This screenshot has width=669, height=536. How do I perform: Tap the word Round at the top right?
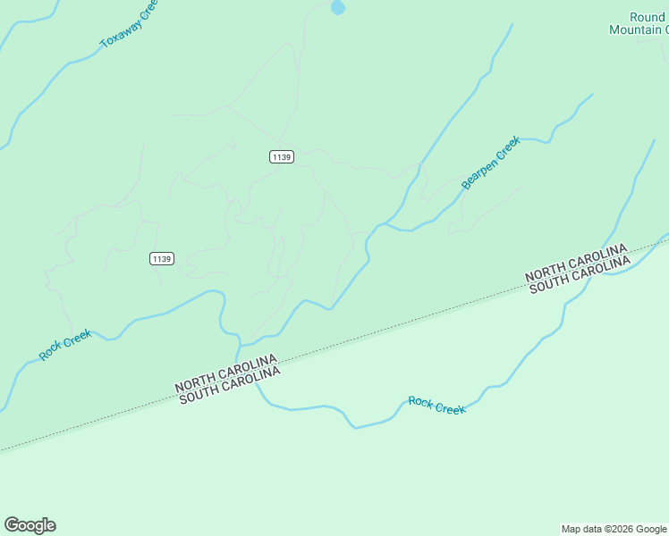pyautogui.click(x=647, y=17)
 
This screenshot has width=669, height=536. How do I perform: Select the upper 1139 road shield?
pyautogui.click(x=281, y=156)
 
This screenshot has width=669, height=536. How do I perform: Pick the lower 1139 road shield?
pyautogui.click(x=161, y=259)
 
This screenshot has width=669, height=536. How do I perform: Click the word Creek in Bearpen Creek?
pyautogui.click(x=507, y=147)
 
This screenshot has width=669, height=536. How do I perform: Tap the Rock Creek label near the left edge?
pyautogui.click(x=65, y=345)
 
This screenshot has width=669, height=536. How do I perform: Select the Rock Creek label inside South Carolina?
pyautogui.click(x=436, y=405)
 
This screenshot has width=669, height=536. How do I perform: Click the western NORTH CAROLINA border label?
pyautogui.click(x=225, y=374)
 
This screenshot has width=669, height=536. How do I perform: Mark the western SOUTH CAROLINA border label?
pyautogui.click(x=230, y=385)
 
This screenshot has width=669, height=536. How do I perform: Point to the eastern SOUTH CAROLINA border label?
pyautogui.click(x=580, y=274)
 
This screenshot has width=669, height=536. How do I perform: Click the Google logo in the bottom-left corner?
pyautogui.click(x=30, y=525)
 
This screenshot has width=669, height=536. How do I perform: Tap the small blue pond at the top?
pyautogui.click(x=337, y=8)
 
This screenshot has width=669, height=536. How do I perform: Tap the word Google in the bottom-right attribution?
pyautogui.click(x=651, y=530)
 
